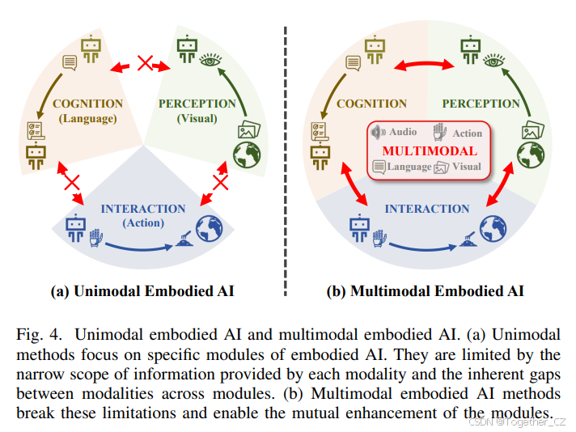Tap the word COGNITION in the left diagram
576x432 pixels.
87,104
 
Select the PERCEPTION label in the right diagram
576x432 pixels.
481,104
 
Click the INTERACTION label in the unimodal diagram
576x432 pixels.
143,208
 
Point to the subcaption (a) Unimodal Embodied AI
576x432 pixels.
143,291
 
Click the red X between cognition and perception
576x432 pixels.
145,63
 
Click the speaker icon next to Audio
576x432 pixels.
378,132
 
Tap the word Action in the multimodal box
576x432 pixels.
467,133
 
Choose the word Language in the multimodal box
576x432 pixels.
409,167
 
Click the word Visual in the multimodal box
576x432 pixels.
466,167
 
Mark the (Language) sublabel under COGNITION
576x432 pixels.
87,118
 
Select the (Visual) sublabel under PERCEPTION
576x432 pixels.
197,118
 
